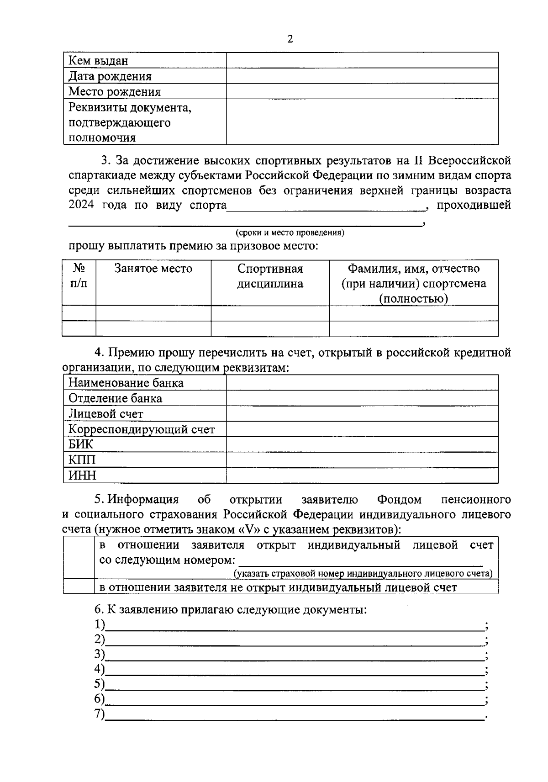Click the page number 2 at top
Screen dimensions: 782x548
coord(290,39)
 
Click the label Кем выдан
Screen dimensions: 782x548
coord(98,61)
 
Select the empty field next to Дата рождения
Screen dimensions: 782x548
coord(362,76)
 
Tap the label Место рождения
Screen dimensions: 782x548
coord(114,92)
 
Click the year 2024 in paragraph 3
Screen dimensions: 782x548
coord(81,205)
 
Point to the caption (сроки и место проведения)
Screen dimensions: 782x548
coord(290,233)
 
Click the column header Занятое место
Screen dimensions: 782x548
coord(153,269)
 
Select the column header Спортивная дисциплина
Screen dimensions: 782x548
coord(270,276)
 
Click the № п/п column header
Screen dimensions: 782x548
coord(79,275)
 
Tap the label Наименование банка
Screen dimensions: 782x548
coord(126,383)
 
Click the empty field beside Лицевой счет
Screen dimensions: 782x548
coord(362,414)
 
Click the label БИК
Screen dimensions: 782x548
coord(81,444)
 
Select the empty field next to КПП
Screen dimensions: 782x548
coord(362,460)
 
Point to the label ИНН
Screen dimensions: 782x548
coord(82,476)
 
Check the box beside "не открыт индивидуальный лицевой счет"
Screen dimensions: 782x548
coord(79,587)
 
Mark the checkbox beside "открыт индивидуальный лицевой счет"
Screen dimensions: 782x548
coord(79,558)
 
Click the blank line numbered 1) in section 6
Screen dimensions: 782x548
coord(295,626)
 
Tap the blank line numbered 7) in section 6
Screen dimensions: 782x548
coord(295,715)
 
